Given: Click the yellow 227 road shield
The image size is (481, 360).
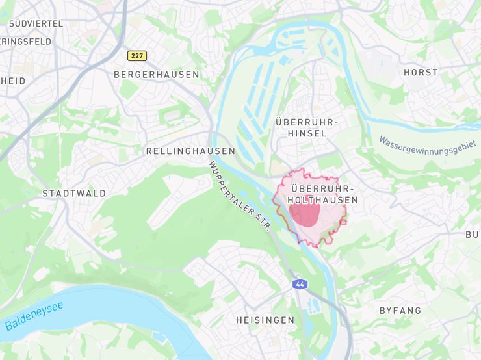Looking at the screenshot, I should tap(136, 56).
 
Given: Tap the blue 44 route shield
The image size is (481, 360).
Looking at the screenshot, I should tap(299, 285).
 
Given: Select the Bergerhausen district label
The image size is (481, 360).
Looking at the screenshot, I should tap(156, 75).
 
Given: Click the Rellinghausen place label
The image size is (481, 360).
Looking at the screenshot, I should tap(190, 151).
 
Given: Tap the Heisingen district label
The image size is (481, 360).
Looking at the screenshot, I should tap(265, 320).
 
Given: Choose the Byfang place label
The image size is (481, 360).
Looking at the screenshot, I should tap(400, 311).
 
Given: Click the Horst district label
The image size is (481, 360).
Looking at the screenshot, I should tap(421, 72).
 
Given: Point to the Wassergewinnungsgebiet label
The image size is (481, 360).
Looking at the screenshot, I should tap(427, 146).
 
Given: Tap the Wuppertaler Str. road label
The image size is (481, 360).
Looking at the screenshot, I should tap(239, 196).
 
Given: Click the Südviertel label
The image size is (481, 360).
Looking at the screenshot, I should tap(36, 23).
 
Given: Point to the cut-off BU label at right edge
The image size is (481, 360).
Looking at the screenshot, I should tap(473, 235).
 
